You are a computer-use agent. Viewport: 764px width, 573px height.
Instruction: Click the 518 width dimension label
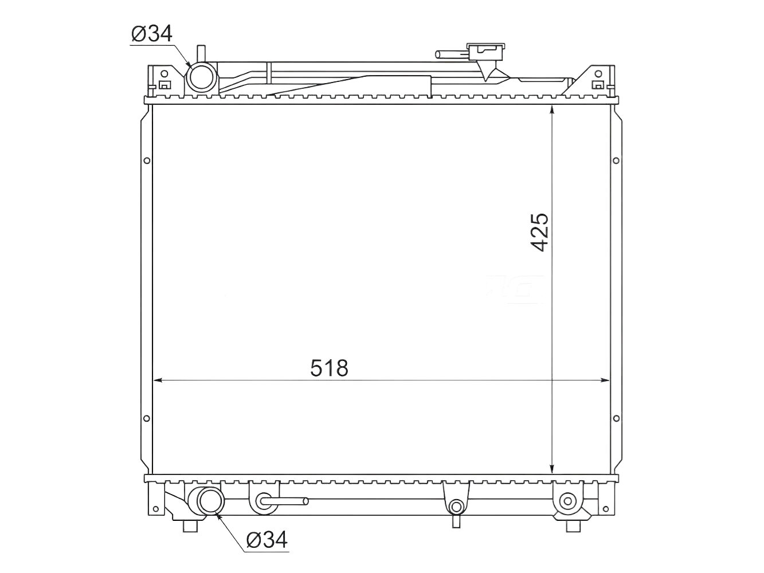pos(329,368)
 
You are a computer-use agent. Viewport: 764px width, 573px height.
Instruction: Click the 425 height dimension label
pos(540,232)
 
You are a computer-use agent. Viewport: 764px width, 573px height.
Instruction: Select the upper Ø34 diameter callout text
pos(152,34)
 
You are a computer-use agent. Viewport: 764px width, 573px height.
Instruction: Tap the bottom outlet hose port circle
pos(210,501)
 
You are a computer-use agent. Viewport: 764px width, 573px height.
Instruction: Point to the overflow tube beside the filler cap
pos(452,54)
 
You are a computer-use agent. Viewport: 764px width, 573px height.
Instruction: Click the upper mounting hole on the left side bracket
pos(147,160)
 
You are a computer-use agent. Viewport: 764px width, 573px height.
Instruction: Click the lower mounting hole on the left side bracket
pos(147,418)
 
